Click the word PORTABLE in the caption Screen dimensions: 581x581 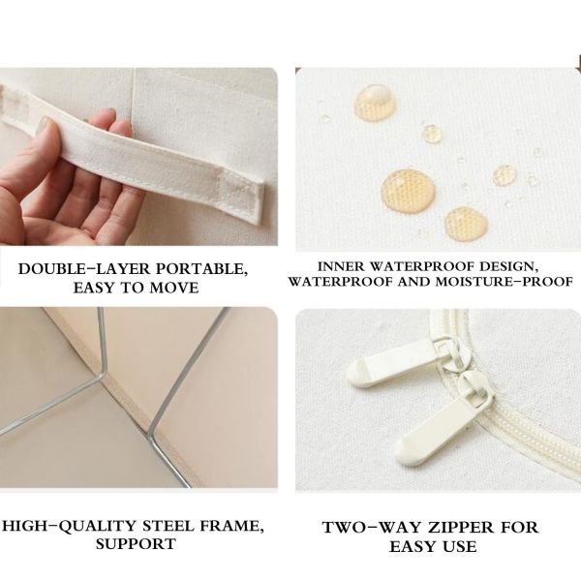click(x=201, y=269)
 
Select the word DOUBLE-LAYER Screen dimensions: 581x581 click(x=85, y=269)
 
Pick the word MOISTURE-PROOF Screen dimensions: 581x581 click(x=504, y=282)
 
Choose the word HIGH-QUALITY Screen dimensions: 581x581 click(x=70, y=527)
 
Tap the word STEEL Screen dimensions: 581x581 click(x=168, y=526)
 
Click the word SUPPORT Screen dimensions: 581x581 click(x=136, y=544)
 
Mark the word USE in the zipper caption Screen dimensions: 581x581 click(x=459, y=547)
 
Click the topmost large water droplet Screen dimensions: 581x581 click(x=375, y=102)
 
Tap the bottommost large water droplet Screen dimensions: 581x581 click(x=466, y=224)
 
